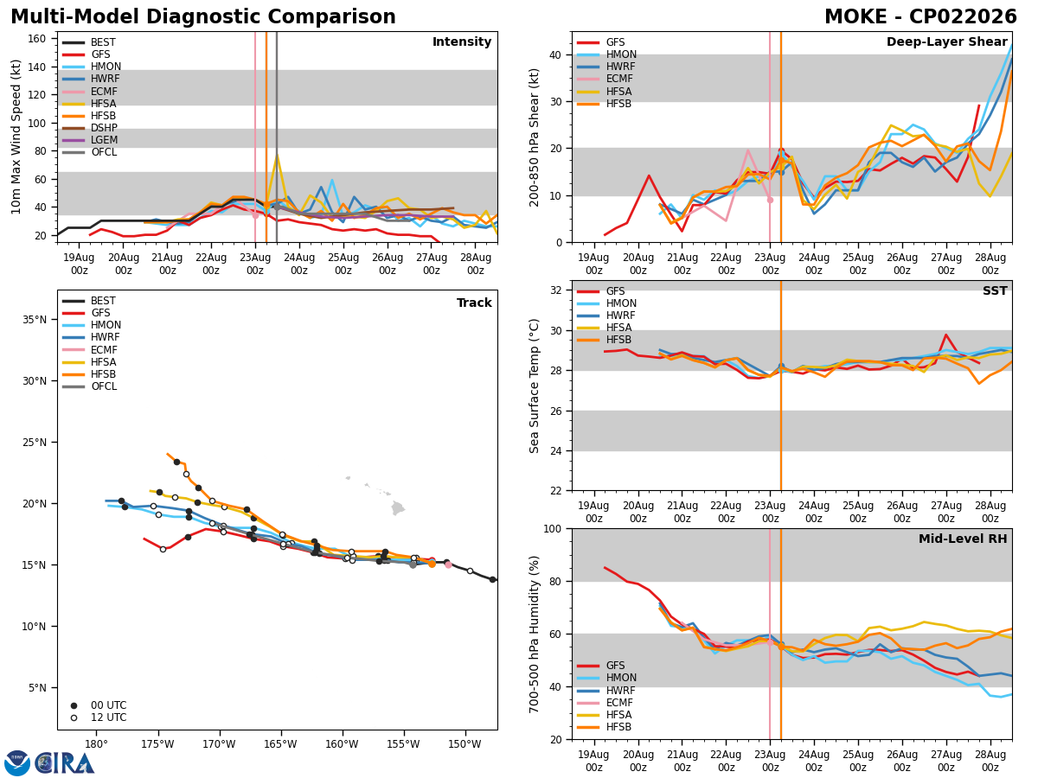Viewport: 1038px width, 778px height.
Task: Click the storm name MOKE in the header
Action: pyautogui.click(x=856, y=16)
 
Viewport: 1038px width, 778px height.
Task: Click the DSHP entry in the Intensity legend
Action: pyautogui.click(x=104, y=128)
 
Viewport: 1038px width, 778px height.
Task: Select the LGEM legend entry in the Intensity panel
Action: pyautogui.click(x=104, y=140)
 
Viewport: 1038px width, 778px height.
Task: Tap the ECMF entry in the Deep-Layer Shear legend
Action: pyautogui.click(x=619, y=79)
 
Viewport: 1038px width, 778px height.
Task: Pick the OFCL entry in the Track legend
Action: pyautogui.click(x=104, y=386)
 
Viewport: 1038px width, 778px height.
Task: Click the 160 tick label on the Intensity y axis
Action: pyautogui.click(x=37, y=39)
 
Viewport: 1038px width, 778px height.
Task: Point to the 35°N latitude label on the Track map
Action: pyautogui.click(x=35, y=320)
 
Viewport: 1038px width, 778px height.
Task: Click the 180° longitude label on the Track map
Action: pyautogui.click(x=97, y=744)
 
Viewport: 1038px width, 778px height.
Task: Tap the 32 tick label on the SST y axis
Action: pyautogui.click(x=556, y=290)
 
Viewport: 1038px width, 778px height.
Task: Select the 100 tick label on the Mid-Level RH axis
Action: pyautogui.click(x=553, y=528)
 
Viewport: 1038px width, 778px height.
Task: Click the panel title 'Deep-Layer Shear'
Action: pyautogui.click(x=946, y=42)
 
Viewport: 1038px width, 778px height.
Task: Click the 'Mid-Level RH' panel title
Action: pyautogui.click(x=963, y=539)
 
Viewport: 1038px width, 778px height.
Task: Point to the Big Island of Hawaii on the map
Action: pyautogui.click(x=398, y=508)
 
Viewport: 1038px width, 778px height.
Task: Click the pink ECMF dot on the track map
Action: pyautogui.click(x=448, y=564)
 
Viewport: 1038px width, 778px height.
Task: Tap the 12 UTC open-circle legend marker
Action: pyautogui.click(x=74, y=718)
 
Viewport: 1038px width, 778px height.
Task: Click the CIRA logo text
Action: pyautogui.click(x=65, y=763)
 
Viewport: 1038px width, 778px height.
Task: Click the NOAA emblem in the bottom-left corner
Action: pyautogui.click(x=17, y=763)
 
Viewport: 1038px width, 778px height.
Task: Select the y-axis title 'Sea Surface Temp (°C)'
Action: pyautogui.click(x=534, y=386)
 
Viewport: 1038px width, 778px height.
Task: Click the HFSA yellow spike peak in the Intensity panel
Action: pyautogui.click(x=277, y=154)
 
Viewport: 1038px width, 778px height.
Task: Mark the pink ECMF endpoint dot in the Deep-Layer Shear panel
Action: pyautogui.click(x=770, y=201)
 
